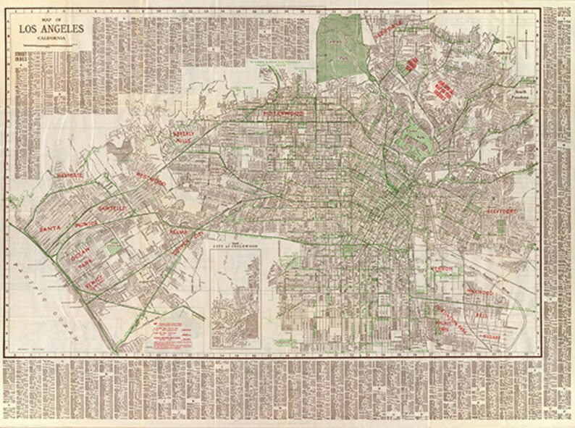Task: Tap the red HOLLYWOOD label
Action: pos(283,114)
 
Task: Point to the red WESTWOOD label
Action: pos(151,178)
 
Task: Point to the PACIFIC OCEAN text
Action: pos(45,291)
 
